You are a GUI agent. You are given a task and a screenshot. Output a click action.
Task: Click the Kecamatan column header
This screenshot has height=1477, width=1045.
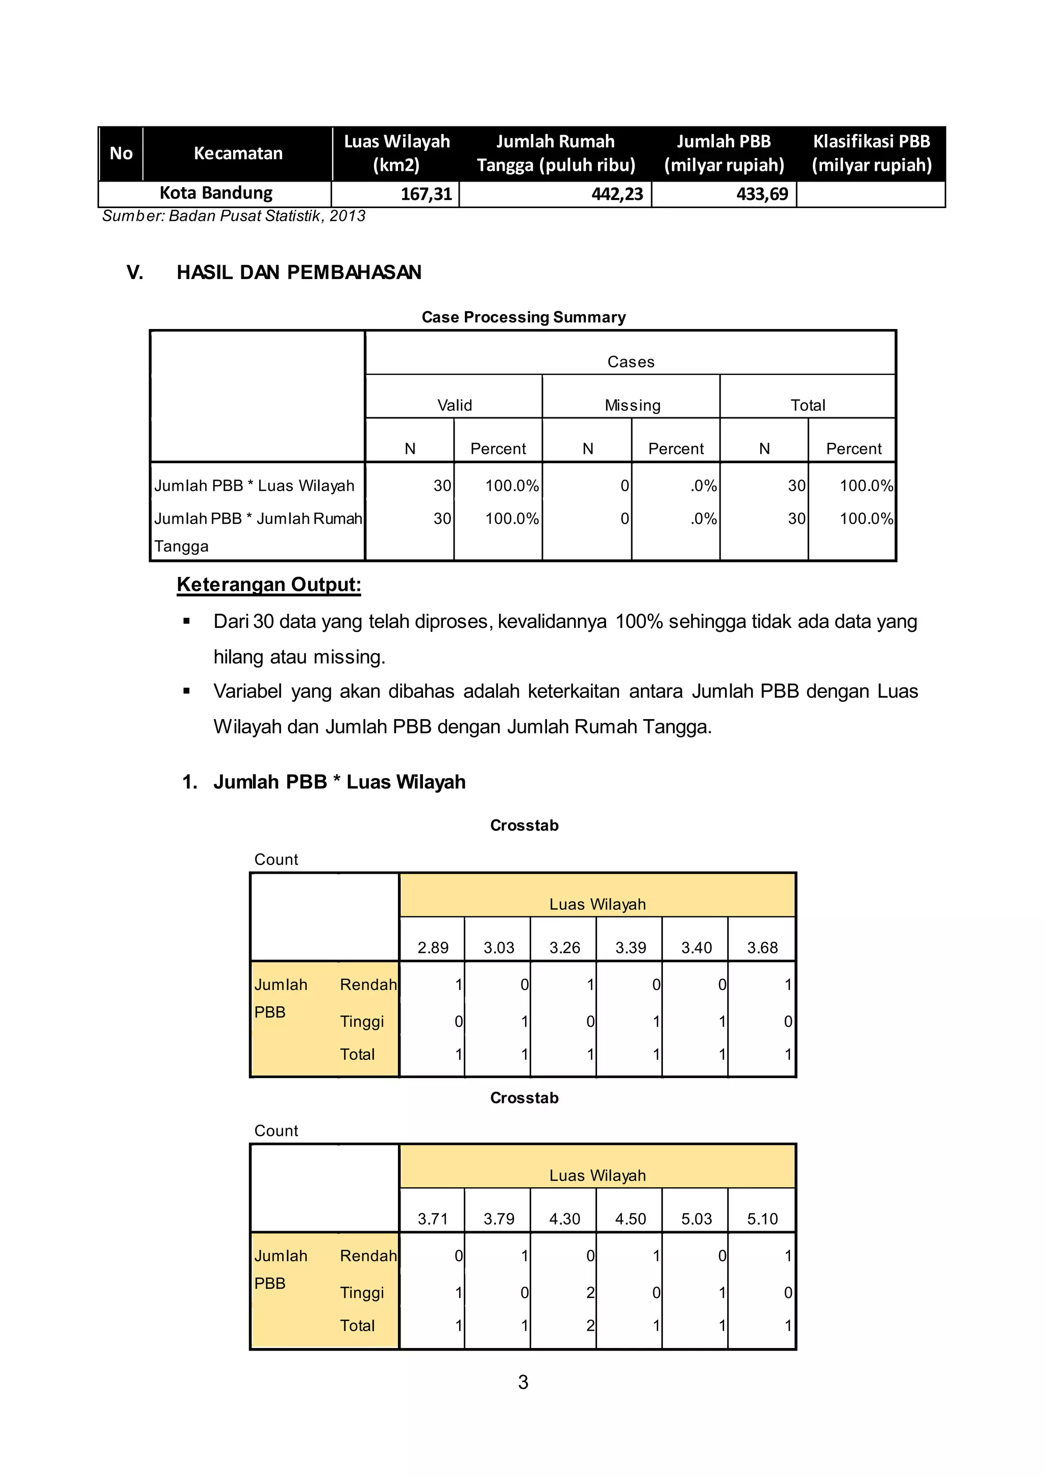(238, 153)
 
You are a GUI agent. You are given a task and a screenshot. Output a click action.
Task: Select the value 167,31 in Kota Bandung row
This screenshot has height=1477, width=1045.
(426, 194)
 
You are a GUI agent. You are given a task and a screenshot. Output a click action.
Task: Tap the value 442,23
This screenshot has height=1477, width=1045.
(616, 194)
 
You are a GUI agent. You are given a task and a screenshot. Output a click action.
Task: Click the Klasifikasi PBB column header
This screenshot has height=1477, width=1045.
(872, 153)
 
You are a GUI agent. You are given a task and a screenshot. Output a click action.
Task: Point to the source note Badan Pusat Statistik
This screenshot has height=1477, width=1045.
(234, 216)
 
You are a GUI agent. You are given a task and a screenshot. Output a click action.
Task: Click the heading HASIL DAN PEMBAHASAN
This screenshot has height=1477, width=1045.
(298, 272)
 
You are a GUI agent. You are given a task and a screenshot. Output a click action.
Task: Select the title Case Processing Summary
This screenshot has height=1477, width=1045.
(523, 317)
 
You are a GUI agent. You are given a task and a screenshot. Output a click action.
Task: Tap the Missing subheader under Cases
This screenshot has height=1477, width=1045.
(632, 405)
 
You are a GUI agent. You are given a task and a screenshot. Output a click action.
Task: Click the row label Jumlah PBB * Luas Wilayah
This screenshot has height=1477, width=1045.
(254, 486)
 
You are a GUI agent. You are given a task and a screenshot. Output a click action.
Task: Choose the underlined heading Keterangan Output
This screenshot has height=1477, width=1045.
(268, 584)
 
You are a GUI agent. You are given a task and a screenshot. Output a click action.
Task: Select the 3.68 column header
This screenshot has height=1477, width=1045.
(762, 948)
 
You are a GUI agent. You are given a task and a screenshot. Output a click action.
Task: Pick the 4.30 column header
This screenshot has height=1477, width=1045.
(564, 1219)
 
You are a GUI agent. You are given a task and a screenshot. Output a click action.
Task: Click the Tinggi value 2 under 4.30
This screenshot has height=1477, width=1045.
(589, 1293)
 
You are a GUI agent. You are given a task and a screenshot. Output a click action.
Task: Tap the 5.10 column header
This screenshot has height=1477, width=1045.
(762, 1219)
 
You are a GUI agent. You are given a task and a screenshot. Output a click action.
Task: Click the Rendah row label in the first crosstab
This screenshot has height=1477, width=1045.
(368, 985)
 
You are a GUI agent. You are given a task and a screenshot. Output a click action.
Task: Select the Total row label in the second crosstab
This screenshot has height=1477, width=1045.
(357, 1326)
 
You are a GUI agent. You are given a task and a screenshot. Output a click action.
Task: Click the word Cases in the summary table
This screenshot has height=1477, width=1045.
(631, 362)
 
